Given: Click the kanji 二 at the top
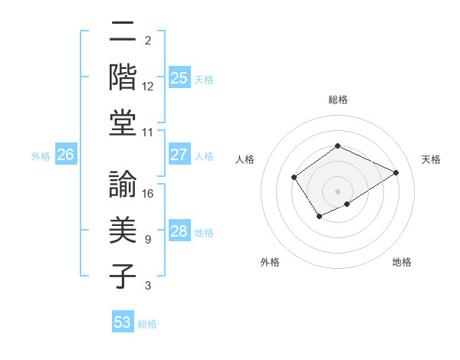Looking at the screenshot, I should [x=123, y=34].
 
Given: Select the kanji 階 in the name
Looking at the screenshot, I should [x=123, y=78].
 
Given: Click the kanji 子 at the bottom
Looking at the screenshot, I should [x=123, y=275].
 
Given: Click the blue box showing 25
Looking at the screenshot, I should [x=179, y=77].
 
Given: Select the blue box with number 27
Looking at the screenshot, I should [x=179, y=154].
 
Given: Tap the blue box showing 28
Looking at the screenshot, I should [x=179, y=231].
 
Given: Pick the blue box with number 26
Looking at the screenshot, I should [x=65, y=155].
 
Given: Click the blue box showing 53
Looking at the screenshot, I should [x=123, y=322].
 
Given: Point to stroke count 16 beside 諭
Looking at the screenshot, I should [x=149, y=193].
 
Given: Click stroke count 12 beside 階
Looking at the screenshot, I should [x=149, y=86].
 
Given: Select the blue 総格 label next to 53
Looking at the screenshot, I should [x=147, y=324].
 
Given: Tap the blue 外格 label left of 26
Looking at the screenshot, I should [x=41, y=156].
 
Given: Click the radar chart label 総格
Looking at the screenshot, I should [x=337, y=100].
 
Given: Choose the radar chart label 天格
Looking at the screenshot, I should [x=431, y=159].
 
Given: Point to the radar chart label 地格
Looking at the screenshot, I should [x=402, y=263].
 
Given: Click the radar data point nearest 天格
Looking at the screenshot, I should [x=396, y=172].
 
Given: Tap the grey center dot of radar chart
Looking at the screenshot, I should [x=337, y=191].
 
